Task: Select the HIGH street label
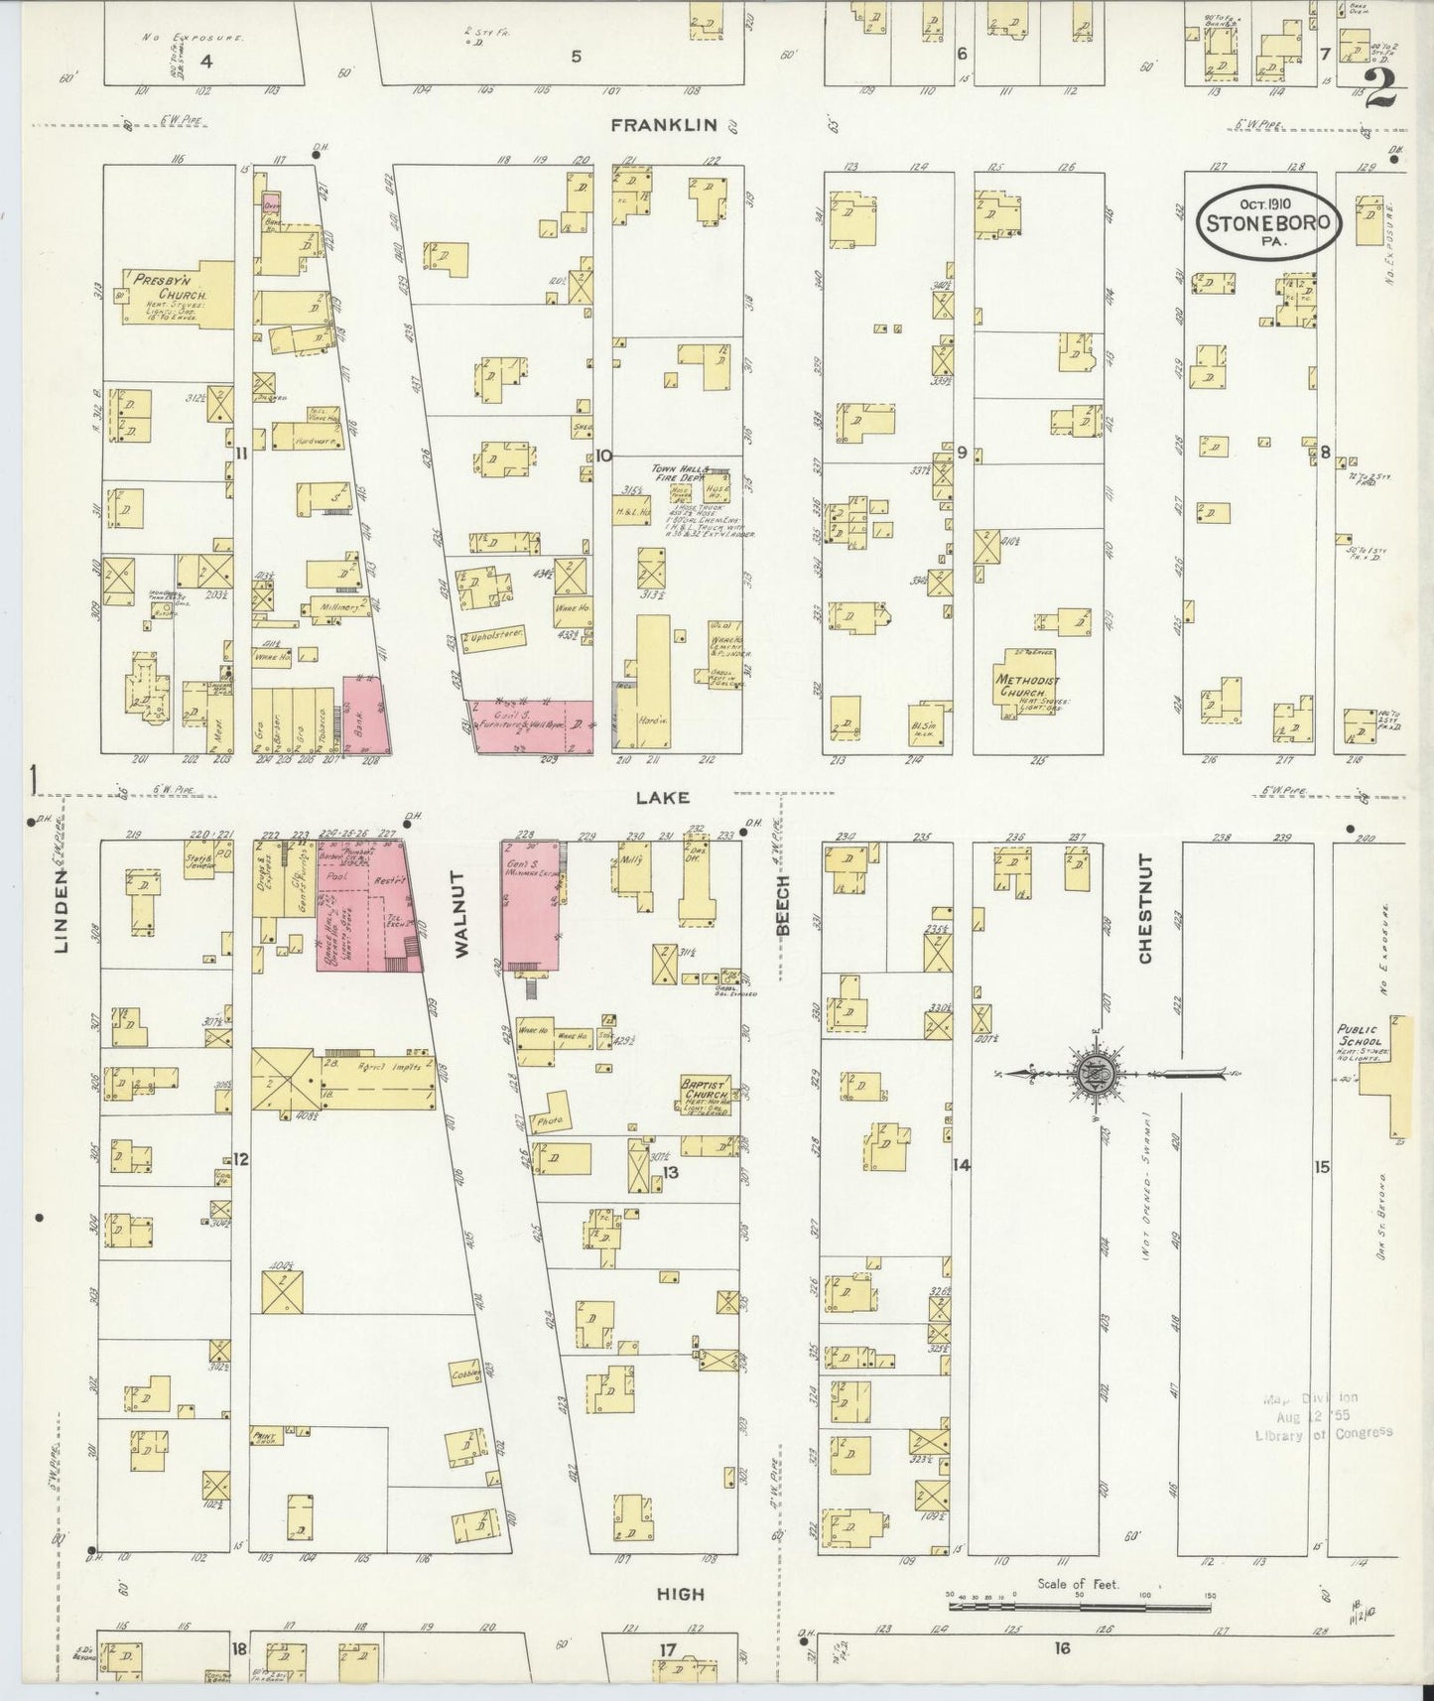tap(681, 1593)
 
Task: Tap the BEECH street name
tap(782, 905)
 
